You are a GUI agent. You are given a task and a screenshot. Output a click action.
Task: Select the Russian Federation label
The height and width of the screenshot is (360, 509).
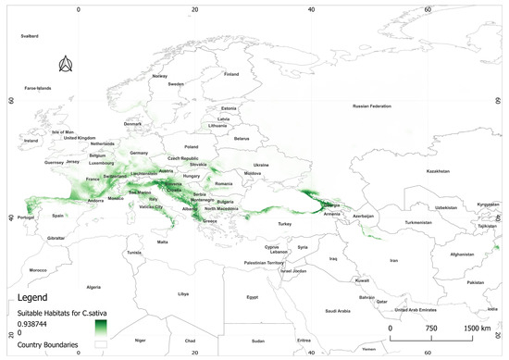[366, 106]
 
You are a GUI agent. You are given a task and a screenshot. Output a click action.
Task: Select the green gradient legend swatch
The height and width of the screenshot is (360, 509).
[102, 327]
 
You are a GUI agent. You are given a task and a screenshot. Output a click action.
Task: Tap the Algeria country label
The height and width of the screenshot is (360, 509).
[93, 287]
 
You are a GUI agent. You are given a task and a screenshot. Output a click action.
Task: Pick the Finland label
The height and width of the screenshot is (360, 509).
[231, 74]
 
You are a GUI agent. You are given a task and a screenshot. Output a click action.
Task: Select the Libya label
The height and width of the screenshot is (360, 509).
[182, 294]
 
